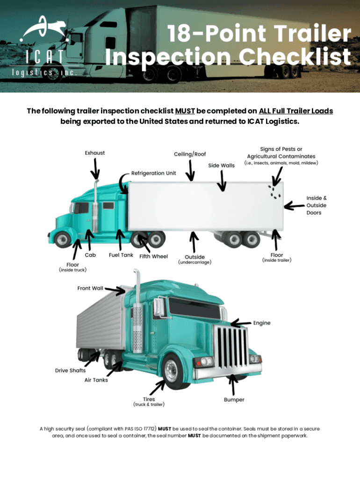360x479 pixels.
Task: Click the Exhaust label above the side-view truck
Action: (x=94, y=153)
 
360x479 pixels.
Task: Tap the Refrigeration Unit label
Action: (x=154, y=173)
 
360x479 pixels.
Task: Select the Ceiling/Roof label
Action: (x=190, y=154)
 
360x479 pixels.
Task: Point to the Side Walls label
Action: (x=221, y=165)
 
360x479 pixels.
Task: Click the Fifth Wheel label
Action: (x=154, y=256)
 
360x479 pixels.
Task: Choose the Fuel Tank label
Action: (x=121, y=255)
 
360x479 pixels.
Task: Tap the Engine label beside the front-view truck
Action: (x=262, y=323)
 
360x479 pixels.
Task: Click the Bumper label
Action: (x=234, y=399)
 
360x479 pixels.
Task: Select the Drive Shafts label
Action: (x=70, y=370)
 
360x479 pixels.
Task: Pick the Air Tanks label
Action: (x=96, y=380)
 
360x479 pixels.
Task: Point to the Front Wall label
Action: (x=90, y=288)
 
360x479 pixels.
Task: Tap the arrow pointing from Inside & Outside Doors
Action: (x=295, y=206)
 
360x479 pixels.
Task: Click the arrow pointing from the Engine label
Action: (x=241, y=323)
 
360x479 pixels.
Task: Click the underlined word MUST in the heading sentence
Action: (x=185, y=111)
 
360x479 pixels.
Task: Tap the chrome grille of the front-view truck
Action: (x=231, y=347)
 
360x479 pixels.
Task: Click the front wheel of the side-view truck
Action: (x=63, y=239)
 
